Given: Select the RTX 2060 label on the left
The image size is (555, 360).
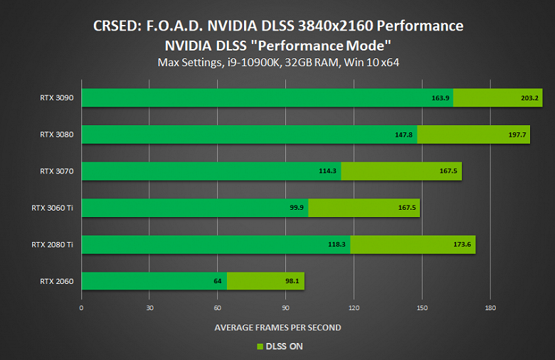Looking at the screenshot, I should [x=57, y=281].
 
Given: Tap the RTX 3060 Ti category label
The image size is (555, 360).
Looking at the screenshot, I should [x=52, y=208].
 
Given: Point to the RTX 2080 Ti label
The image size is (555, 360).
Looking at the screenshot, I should [x=52, y=245].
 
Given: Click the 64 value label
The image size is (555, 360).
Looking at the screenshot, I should [x=218, y=281].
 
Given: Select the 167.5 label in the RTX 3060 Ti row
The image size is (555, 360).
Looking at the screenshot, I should [x=408, y=208].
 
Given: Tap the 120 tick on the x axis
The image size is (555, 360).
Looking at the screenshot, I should [x=354, y=308].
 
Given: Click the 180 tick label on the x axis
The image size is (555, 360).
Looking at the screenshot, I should [x=490, y=308].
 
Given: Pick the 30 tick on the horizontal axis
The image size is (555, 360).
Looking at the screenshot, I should [x=149, y=308].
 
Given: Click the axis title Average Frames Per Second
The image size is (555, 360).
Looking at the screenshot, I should [x=277, y=327].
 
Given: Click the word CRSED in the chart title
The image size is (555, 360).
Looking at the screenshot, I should [x=117, y=27].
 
